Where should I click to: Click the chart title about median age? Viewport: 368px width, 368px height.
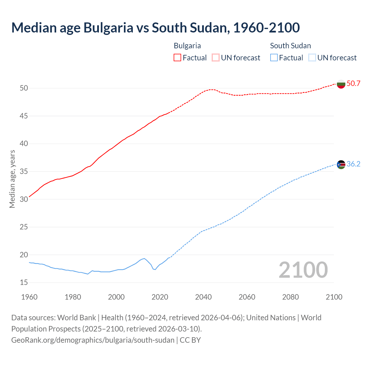click(155, 28)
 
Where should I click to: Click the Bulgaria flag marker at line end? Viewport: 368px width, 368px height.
click(341, 84)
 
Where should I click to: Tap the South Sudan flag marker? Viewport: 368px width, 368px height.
click(341, 164)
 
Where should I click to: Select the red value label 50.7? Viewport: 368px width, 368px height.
click(353, 84)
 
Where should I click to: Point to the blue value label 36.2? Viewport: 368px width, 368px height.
click(353, 164)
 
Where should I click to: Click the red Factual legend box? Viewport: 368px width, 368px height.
click(177, 58)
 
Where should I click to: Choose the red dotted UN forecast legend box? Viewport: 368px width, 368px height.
click(216, 58)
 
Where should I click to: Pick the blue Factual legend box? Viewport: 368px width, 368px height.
click(274, 58)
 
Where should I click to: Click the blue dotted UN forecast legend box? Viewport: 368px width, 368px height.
click(312, 58)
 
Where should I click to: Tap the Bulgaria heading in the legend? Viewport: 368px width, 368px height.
click(187, 46)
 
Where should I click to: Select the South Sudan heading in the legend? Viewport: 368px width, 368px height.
click(290, 46)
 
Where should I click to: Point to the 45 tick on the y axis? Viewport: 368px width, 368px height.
click(24, 116)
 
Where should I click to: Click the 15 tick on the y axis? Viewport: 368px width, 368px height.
click(24, 283)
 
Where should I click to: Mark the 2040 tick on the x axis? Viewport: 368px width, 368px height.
click(203, 297)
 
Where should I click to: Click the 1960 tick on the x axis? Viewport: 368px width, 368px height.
click(29, 297)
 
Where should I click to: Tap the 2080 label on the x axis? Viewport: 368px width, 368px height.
click(290, 297)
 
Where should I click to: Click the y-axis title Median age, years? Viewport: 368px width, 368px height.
click(12, 179)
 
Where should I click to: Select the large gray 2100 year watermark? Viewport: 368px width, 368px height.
click(303, 270)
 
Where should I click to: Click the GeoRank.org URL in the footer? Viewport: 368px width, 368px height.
click(93, 340)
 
